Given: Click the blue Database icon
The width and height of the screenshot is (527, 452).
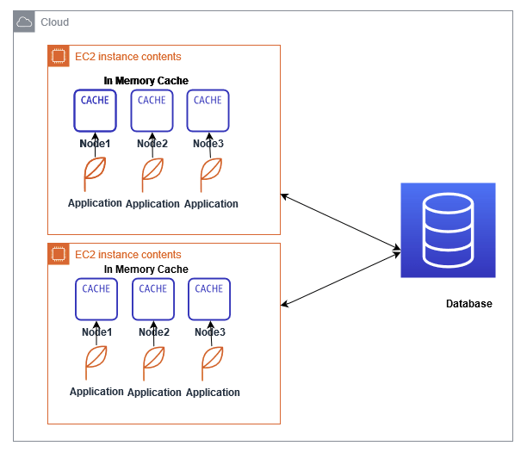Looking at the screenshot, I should [x=448, y=230].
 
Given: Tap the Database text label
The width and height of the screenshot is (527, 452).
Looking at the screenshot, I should [x=468, y=304].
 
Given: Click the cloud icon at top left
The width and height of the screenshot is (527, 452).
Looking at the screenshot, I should [x=25, y=22].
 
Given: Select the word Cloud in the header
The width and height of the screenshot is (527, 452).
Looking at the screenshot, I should [x=55, y=22].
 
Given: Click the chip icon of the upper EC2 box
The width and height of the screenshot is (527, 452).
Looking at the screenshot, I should [x=59, y=57].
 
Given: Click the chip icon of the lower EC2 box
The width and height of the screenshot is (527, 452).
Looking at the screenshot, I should [x=59, y=255].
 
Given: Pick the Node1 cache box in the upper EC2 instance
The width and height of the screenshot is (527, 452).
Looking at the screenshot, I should [x=95, y=110].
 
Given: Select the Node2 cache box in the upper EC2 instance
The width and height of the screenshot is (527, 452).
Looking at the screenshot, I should [x=152, y=110].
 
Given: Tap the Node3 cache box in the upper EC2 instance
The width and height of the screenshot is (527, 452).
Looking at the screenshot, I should [x=208, y=110].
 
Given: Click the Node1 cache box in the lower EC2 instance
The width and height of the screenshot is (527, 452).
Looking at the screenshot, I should [x=96, y=299].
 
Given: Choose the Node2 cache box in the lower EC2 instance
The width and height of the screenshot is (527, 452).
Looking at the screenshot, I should [x=153, y=299].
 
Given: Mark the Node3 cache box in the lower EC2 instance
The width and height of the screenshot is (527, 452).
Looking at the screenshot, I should [x=209, y=299].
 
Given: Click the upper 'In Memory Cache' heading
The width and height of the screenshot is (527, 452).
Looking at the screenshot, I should [x=146, y=81].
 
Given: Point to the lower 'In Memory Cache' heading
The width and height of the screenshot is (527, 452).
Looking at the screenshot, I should [x=146, y=269].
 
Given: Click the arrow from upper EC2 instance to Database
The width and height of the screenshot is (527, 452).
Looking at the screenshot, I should [x=341, y=223].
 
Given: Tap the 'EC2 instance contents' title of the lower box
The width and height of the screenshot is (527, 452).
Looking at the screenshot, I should [x=128, y=255].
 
